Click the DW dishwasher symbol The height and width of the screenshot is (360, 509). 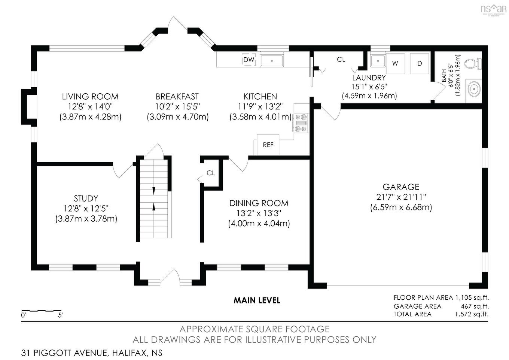point(249,60)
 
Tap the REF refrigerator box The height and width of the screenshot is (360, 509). point(268,145)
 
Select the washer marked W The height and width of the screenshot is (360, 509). point(395,64)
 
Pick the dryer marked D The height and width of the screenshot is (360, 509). point(420,64)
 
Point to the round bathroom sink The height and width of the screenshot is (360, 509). point(474,89)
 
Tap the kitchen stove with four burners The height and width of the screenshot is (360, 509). point(301,123)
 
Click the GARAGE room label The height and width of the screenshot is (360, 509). point(401,187)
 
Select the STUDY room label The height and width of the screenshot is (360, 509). point(86,199)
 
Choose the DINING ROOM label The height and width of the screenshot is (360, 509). point(259,203)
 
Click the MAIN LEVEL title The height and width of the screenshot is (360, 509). point(257,300)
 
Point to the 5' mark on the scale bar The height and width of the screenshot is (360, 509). point(61,315)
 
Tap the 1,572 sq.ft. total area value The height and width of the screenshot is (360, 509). point(472,314)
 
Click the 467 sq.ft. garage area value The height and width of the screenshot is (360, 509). point(475,306)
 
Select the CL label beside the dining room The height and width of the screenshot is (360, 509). point(211,173)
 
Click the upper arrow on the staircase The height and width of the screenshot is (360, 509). point(154,191)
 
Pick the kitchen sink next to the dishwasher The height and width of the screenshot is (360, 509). point(272,60)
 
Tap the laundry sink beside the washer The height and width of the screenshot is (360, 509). point(378,61)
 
